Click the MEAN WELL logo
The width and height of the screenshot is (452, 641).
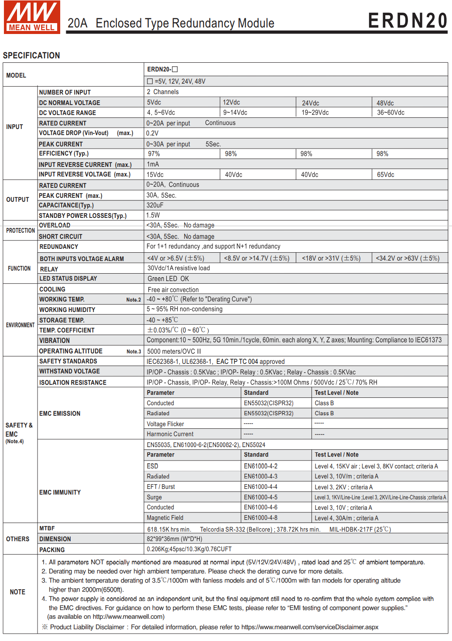32,17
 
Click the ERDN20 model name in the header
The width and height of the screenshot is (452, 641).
407,21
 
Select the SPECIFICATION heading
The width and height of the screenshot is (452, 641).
31,55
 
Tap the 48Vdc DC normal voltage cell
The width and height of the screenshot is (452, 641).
385,103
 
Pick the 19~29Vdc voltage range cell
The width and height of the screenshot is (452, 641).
315,112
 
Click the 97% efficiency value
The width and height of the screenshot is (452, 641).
154,154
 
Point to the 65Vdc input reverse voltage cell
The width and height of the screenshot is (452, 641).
386,175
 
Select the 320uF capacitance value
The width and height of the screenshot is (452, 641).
155,205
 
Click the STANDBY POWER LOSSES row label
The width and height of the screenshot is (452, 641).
82,216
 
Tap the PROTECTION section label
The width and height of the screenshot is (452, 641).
20,231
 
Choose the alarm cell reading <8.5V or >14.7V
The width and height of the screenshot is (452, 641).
257,258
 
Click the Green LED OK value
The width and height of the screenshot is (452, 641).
168,279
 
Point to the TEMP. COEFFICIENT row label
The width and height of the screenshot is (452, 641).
67,330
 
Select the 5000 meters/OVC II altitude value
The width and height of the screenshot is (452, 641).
174,351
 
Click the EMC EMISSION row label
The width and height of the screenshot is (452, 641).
60,414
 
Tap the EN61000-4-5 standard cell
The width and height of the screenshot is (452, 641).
260,497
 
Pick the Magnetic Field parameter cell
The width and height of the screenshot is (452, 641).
165,518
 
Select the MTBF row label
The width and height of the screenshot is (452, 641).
47,529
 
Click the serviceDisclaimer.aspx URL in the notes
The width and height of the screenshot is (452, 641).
310,627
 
